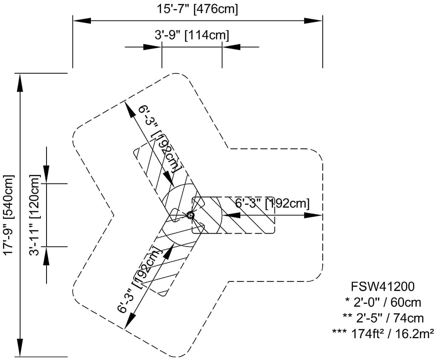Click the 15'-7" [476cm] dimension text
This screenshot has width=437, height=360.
click(197, 9)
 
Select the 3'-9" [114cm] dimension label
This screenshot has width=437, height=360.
click(192, 35)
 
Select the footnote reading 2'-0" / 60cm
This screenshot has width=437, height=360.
click(383, 302)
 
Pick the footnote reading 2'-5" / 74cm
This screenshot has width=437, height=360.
click(383, 317)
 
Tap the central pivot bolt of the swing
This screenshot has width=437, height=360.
click(190, 215)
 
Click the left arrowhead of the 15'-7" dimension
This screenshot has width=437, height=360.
click(81, 20)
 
